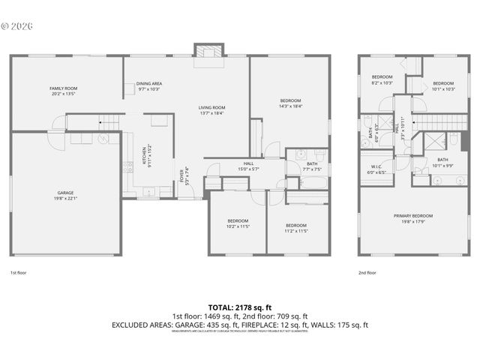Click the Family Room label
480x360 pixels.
click(64, 91)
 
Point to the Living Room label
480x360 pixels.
click(211, 110)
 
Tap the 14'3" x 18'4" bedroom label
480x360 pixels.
click(290, 103)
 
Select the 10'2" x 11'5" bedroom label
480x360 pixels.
click(238, 223)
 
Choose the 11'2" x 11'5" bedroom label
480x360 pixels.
click(295, 227)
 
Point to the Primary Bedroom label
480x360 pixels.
click(413, 218)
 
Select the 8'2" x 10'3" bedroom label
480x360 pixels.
click(382, 79)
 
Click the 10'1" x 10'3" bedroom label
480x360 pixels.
click(442, 86)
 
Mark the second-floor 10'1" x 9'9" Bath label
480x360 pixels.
click(442, 162)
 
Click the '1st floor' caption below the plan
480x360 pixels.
click(19, 273)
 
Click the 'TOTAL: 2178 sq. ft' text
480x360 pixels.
click(240, 307)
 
